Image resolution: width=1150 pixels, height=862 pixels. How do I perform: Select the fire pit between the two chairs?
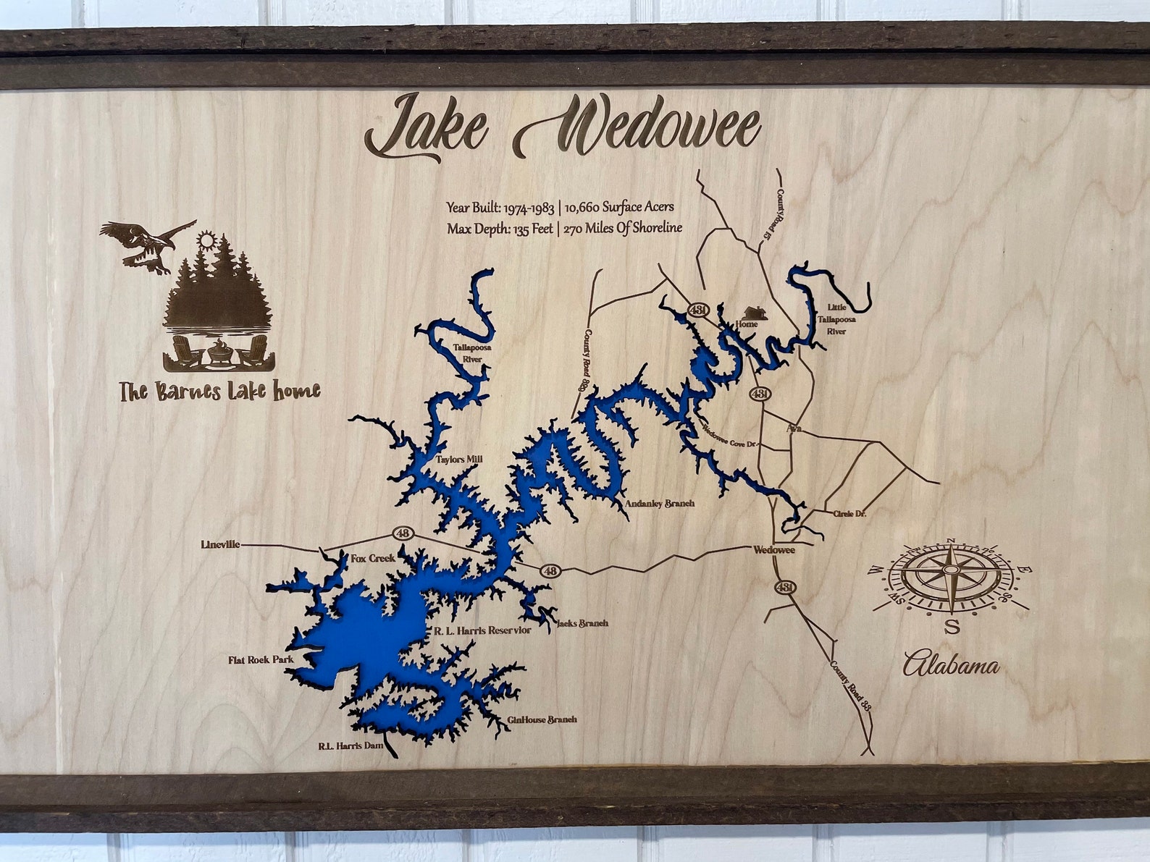tap(218, 353)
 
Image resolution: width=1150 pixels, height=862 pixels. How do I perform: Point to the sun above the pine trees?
tap(207, 240)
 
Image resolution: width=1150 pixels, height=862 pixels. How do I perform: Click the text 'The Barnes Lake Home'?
tap(219, 392)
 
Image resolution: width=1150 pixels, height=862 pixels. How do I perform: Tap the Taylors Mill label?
tap(458, 459)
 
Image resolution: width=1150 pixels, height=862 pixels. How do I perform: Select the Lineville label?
tap(220, 544)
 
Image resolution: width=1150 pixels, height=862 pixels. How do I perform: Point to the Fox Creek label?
tap(373, 558)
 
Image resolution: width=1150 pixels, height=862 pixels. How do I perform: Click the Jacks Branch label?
tap(582, 622)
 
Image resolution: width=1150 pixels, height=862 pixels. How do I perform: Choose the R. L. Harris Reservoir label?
tap(482, 630)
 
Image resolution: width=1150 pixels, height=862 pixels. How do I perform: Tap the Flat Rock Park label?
tap(260, 660)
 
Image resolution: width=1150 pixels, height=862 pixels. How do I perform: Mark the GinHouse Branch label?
tap(542, 719)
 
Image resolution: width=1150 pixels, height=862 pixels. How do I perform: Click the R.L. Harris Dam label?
tap(350, 745)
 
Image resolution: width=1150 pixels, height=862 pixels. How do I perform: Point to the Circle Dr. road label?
tap(849, 513)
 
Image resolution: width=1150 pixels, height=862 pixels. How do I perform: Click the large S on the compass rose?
tap(952, 626)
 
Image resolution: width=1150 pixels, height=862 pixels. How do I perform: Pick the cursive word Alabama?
tap(951, 664)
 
